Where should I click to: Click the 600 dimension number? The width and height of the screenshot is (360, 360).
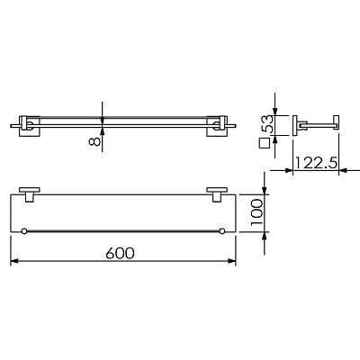tap(120, 254)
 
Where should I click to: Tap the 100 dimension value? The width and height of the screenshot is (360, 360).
tap(256, 212)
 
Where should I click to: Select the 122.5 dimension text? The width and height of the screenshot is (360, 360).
tap(316, 163)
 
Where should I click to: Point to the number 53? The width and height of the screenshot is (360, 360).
tap(266, 123)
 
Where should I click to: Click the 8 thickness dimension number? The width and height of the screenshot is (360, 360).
tap(94, 140)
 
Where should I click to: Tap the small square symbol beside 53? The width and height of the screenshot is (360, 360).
tap(265, 143)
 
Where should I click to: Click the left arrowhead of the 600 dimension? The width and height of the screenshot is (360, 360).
tap(14, 261)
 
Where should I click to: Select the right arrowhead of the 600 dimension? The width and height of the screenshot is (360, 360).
tap(232, 261)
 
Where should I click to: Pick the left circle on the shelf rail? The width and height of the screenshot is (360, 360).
tap(24, 231)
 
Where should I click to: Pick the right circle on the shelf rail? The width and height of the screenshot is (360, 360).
tap(222, 231)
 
